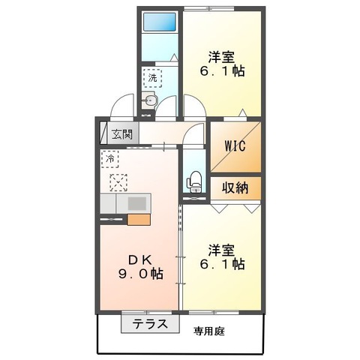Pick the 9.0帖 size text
tap(140, 274)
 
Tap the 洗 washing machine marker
tap(152, 76)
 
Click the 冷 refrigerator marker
tap(110, 159)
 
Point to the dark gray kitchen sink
tap(138, 203)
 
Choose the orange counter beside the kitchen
tap(139, 220)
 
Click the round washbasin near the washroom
tap(151, 100)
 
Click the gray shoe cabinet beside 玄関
tap(104, 136)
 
